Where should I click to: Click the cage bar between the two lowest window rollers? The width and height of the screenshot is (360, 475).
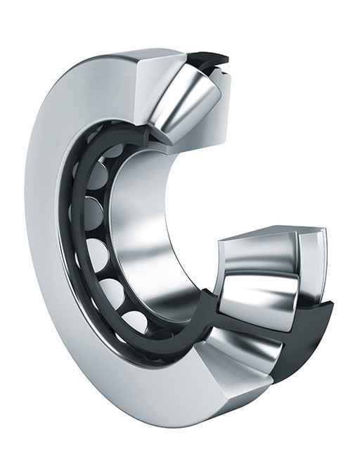(123, 308)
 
